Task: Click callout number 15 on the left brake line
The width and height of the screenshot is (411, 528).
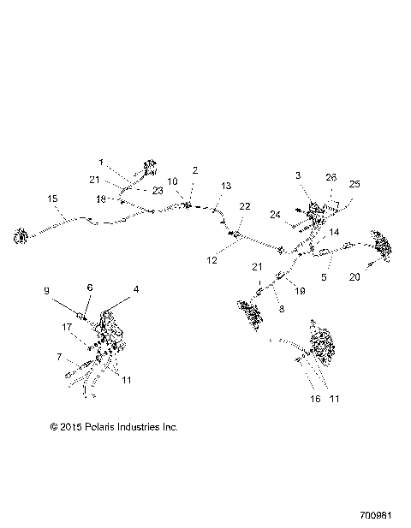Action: coord(52,199)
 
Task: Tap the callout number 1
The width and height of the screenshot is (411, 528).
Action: coord(101,162)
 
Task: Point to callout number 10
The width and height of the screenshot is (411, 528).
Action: coord(171,181)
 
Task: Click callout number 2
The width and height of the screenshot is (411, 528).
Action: coord(195,170)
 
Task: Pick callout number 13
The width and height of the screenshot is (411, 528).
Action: coord(226,186)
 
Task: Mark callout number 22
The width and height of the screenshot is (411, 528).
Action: coord(245,206)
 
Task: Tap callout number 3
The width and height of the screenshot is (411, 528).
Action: coord(298,175)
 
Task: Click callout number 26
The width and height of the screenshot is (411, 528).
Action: coord(331,178)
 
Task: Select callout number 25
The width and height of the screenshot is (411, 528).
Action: coord(354,184)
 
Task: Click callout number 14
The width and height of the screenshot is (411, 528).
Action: coord(334,233)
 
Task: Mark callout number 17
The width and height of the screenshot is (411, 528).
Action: coord(66,326)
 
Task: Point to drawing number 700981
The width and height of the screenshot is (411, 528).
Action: coord(378,516)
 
